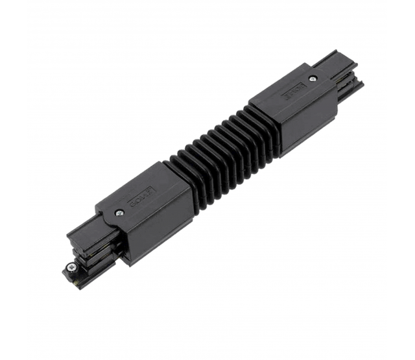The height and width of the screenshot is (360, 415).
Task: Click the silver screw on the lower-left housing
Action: coord(120,212)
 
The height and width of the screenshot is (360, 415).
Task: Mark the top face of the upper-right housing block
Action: coord(292,91)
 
